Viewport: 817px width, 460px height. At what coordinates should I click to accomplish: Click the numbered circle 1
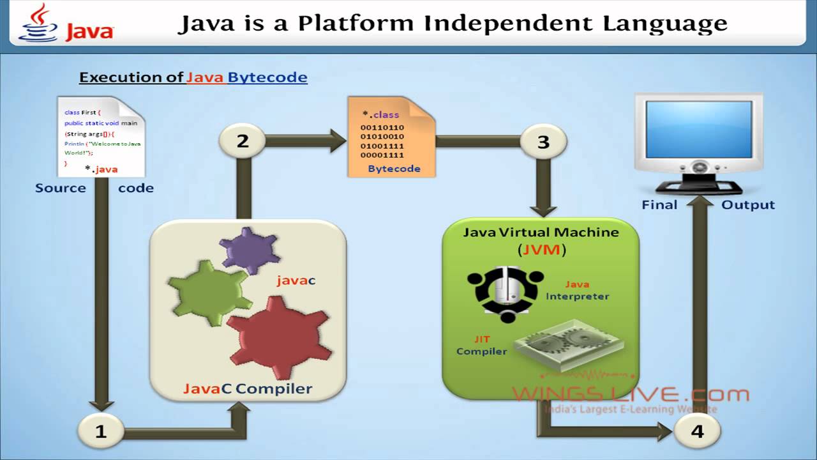(100, 431)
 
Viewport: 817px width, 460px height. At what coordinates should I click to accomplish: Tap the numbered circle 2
(243, 141)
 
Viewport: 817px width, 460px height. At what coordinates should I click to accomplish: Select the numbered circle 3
(543, 141)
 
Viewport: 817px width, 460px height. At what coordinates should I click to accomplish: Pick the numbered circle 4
(697, 431)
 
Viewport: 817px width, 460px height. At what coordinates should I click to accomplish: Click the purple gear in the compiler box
(249, 250)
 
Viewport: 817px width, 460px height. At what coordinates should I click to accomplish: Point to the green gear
(209, 291)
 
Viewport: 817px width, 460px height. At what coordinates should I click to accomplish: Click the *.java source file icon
(100, 136)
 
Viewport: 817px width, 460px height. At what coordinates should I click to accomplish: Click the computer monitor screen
(698, 130)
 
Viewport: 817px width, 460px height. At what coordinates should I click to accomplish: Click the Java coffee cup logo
(36, 24)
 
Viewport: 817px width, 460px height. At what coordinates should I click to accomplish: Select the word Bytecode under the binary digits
(394, 169)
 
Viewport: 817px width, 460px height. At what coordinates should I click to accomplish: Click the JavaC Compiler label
(248, 388)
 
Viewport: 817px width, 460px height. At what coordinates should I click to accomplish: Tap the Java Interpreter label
(577, 291)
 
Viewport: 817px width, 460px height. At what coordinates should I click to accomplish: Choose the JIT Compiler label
(481, 346)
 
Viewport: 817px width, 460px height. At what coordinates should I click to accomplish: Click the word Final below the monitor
(659, 204)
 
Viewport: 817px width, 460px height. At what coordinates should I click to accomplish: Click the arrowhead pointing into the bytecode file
(338, 141)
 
